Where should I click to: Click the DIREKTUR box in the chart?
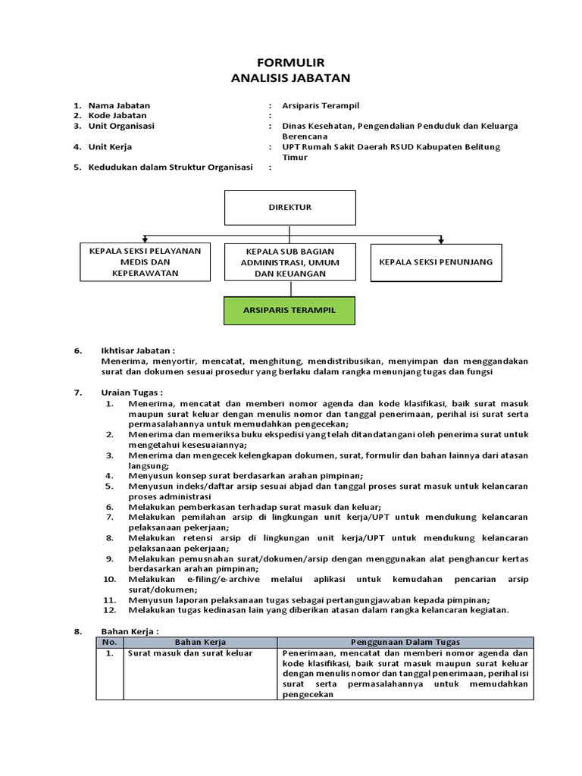click(x=289, y=208)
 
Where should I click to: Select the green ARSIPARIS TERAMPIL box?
click(x=289, y=311)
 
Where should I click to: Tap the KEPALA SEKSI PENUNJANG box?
click(x=436, y=262)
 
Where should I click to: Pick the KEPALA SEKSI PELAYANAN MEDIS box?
click(x=145, y=262)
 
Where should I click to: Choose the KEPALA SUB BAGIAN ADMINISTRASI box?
click(x=289, y=262)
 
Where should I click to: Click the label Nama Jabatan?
click(x=119, y=105)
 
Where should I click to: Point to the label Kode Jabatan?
click(x=119, y=115)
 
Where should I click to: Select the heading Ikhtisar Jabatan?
click(x=137, y=351)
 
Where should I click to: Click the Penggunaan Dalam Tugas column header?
click(x=405, y=642)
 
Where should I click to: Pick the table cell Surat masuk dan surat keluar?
click(x=190, y=652)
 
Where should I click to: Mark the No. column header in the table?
click(x=110, y=642)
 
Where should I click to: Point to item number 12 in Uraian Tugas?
click(x=111, y=610)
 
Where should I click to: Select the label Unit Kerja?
click(x=110, y=147)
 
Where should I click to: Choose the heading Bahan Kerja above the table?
click(x=130, y=630)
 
